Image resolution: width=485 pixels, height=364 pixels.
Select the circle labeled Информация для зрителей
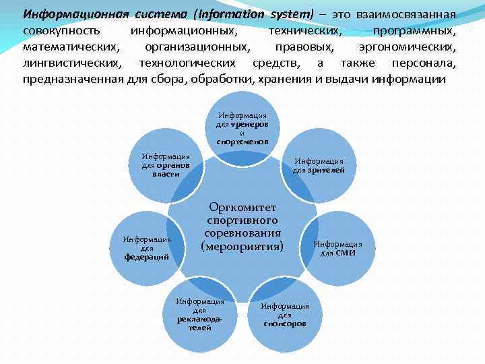[x=319, y=165]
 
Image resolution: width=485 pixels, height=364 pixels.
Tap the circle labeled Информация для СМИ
[x=338, y=248]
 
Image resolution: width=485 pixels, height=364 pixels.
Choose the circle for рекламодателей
[x=200, y=313]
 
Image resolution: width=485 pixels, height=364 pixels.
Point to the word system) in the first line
[x=291, y=14]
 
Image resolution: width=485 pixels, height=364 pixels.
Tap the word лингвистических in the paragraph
[x=72, y=63]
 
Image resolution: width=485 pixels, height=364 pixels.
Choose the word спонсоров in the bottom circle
[x=285, y=324]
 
